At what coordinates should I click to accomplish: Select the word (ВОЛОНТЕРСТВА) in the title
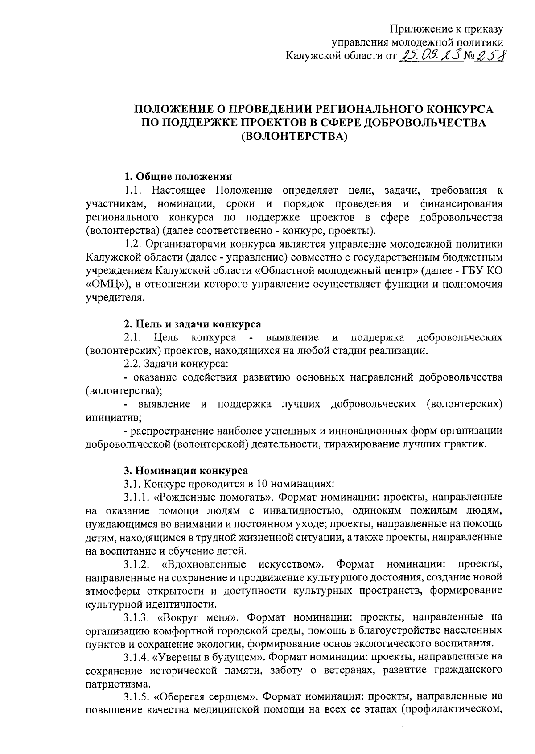(294, 136)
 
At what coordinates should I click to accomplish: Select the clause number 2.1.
(133, 337)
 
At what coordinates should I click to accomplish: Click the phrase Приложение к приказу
(447, 29)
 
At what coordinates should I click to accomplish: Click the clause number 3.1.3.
(136, 617)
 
